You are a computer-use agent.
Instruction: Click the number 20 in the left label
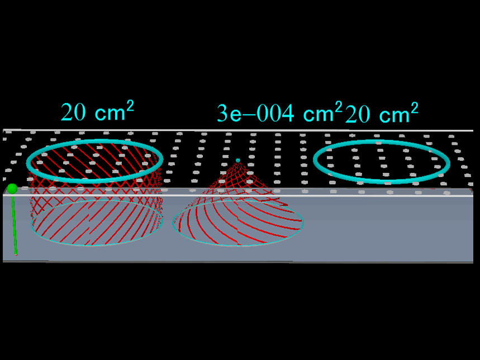(73, 112)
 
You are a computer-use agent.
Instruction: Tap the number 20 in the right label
(358, 114)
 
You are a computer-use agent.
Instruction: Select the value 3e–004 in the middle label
(255, 113)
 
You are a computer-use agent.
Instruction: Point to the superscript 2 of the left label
(130, 106)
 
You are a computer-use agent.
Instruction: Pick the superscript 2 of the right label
(414, 108)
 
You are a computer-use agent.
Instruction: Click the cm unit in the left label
(110, 114)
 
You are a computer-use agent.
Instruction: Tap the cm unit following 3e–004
(318, 115)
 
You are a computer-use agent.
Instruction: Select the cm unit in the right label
(395, 116)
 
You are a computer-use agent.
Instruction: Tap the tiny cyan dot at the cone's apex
(238, 160)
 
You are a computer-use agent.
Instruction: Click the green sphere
(12, 188)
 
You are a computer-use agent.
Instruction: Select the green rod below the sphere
(14, 224)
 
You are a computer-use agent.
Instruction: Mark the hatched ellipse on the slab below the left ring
(97, 223)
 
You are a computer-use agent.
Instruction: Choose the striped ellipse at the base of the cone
(237, 224)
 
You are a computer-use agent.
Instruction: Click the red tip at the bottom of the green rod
(16, 254)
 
